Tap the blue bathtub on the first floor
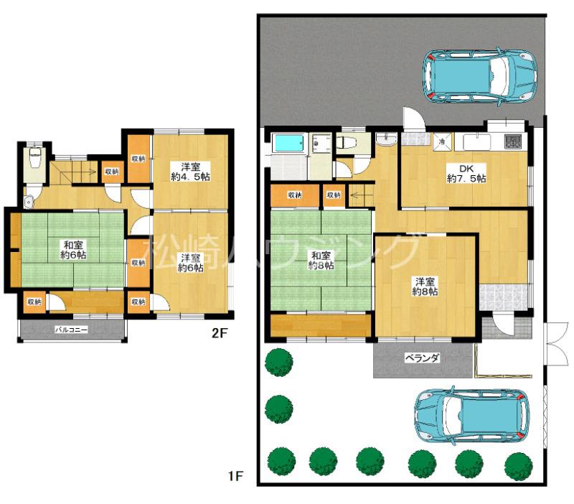[x=289, y=144]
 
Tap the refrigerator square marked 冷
[x=442, y=141]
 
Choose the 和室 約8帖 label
[x=321, y=261]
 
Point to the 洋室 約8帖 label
[x=426, y=286]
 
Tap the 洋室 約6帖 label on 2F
[x=190, y=262]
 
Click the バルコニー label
[x=72, y=331]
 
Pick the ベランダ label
[x=421, y=358]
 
